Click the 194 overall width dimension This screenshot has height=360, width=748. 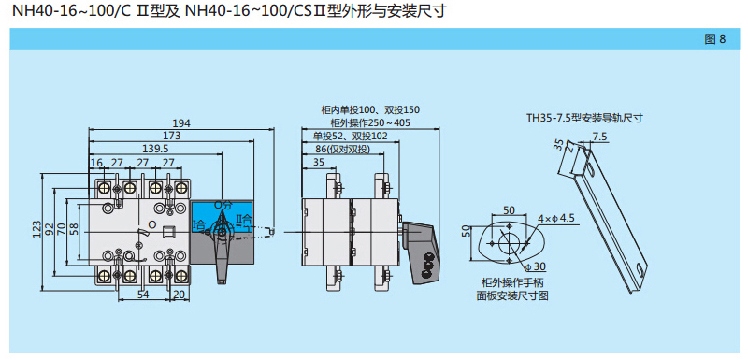tap(181, 123)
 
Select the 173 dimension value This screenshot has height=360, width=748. tap(173, 136)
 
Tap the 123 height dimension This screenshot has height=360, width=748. tap(37, 231)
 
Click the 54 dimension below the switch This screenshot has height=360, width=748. tap(143, 295)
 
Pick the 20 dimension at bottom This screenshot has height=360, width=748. tap(180, 295)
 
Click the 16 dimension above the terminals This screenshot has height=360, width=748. tap(97, 163)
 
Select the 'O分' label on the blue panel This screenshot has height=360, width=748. tap(222, 206)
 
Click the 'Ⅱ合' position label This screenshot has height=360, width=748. tap(244, 220)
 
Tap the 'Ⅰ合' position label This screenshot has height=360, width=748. tap(199, 223)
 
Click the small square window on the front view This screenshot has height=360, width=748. tap(167, 232)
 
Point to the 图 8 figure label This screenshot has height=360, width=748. tap(714, 39)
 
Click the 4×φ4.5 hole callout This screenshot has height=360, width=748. tap(556, 219)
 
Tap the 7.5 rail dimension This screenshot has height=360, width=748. tap(599, 137)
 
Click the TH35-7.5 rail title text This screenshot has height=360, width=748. tap(584, 118)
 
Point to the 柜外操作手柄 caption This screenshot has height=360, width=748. tap(512, 282)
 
